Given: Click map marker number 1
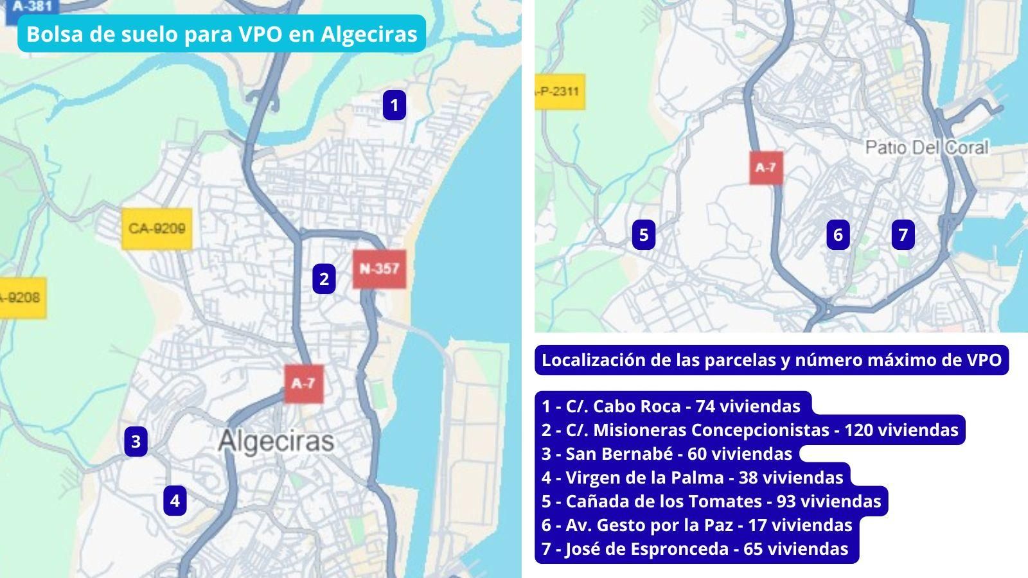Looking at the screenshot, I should click(x=394, y=105).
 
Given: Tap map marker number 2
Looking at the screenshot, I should click(x=324, y=279).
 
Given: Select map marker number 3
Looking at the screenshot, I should click(x=136, y=442).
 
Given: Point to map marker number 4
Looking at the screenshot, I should click(x=175, y=500).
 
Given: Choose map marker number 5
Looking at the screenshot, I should click(x=644, y=235).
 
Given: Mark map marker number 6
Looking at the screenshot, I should click(x=838, y=235).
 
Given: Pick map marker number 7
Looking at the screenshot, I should click(x=903, y=235).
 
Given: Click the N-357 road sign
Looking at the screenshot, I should click(x=379, y=268).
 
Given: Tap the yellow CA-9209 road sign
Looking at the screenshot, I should click(x=157, y=229).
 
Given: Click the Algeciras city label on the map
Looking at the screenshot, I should click(x=276, y=441).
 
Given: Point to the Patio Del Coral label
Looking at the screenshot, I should click(x=926, y=148).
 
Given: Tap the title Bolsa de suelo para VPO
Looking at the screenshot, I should click(x=222, y=34).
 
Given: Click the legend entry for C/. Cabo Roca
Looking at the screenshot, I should click(x=671, y=407).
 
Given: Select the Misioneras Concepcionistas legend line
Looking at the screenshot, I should click(x=750, y=430).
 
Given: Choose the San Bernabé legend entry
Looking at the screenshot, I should click(x=667, y=454).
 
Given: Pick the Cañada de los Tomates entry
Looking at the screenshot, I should click(x=711, y=502).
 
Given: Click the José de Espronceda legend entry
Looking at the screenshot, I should click(x=695, y=549).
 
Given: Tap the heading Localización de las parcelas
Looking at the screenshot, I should click(x=771, y=360).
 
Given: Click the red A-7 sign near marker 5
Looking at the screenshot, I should click(x=765, y=168).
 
